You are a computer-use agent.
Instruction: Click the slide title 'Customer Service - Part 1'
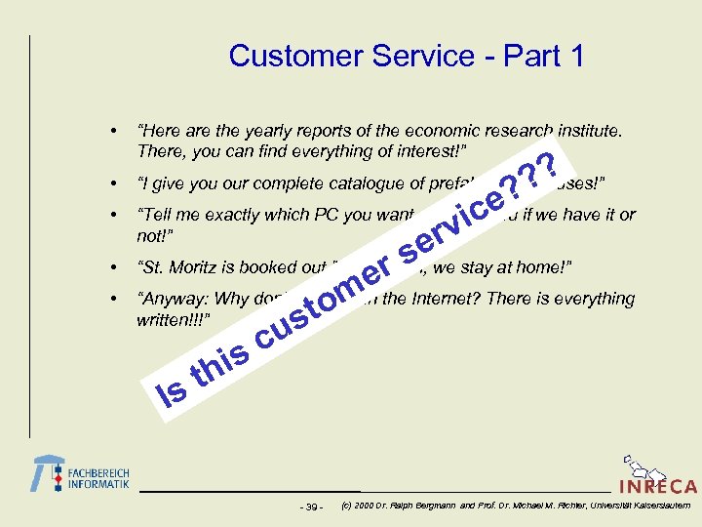point(407,56)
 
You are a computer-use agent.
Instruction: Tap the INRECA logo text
point(657,486)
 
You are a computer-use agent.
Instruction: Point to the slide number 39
point(312,507)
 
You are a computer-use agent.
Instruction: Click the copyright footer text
point(517,506)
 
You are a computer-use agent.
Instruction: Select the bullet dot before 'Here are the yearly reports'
point(115,130)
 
